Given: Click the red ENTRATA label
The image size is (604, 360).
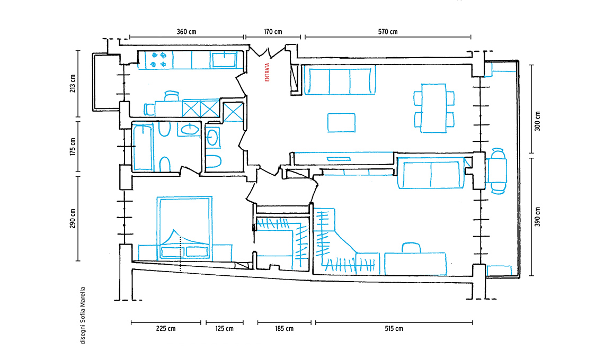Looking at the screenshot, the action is tap(267, 73).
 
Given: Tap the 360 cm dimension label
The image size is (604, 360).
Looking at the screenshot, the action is tap(186, 32).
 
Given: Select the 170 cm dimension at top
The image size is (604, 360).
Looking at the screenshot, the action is tap(273, 32).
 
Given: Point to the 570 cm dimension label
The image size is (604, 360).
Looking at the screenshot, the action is tap(388, 32).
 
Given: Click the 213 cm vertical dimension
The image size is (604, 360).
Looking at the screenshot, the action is tap(73, 84).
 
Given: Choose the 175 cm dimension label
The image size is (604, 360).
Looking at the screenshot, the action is tap(73, 147).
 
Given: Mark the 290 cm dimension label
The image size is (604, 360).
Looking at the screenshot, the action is tap(73, 218).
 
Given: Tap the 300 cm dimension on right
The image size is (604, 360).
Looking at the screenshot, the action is tap(537, 121).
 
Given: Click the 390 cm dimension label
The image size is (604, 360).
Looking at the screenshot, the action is tap(537, 217).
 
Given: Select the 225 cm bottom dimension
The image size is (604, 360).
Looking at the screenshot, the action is tap(166, 328).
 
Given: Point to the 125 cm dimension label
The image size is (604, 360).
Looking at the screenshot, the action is tap(224, 328).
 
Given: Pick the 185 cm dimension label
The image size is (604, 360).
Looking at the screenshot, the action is tap(285, 328).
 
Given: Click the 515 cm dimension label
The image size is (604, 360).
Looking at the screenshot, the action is tap(394, 328).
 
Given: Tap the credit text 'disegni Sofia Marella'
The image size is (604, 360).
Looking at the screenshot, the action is tap(83, 316).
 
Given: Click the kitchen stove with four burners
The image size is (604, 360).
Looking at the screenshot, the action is tap(159, 60).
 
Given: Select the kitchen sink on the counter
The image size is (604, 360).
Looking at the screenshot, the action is tap(223, 60).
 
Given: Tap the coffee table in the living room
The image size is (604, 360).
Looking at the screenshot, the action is tap(341, 122).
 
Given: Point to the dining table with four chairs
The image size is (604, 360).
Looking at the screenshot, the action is tap(434, 108).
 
